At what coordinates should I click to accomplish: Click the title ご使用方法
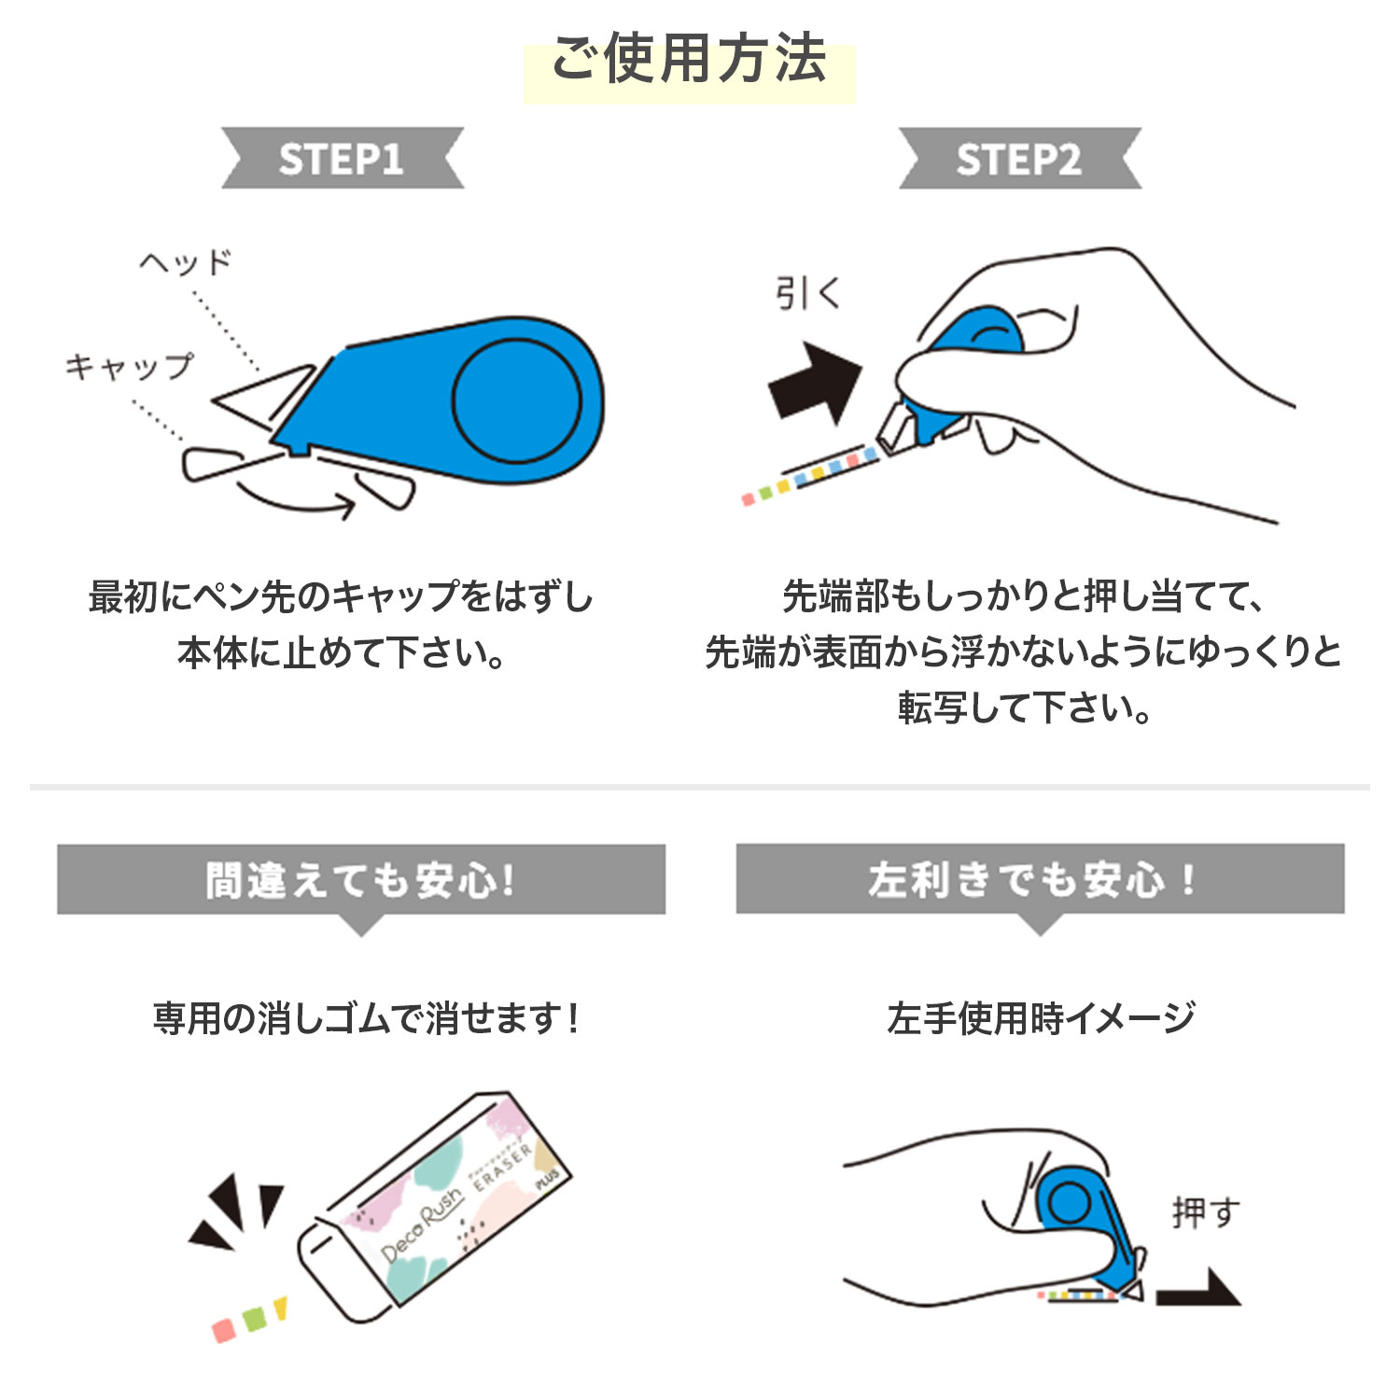pyautogui.click(x=689, y=60)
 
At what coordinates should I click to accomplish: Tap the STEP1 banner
pyautogui.click(x=342, y=159)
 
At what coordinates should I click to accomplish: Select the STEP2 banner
pyautogui.click(x=1019, y=159)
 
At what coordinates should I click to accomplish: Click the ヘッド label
pyautogui.click(x=186, y=263)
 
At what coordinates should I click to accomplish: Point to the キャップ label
pyautogui.click(x=130, y=366)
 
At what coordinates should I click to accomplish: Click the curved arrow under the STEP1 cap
pyautogui.click(x=296, y=500)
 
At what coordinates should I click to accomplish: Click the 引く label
pyautogui.click(x=808, y=294)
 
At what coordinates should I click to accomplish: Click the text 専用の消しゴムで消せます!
pyautogui.click(x=366, y=1018)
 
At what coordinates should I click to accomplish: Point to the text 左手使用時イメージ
pyautogui.click(x=1041, y=1018)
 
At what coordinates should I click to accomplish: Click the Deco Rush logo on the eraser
pyautogui.click(x=423, y=1224)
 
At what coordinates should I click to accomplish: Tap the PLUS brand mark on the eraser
pyautogui.click(x=547, y=1178)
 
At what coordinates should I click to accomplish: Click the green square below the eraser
pyautogui.click(x=254, y=1320)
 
